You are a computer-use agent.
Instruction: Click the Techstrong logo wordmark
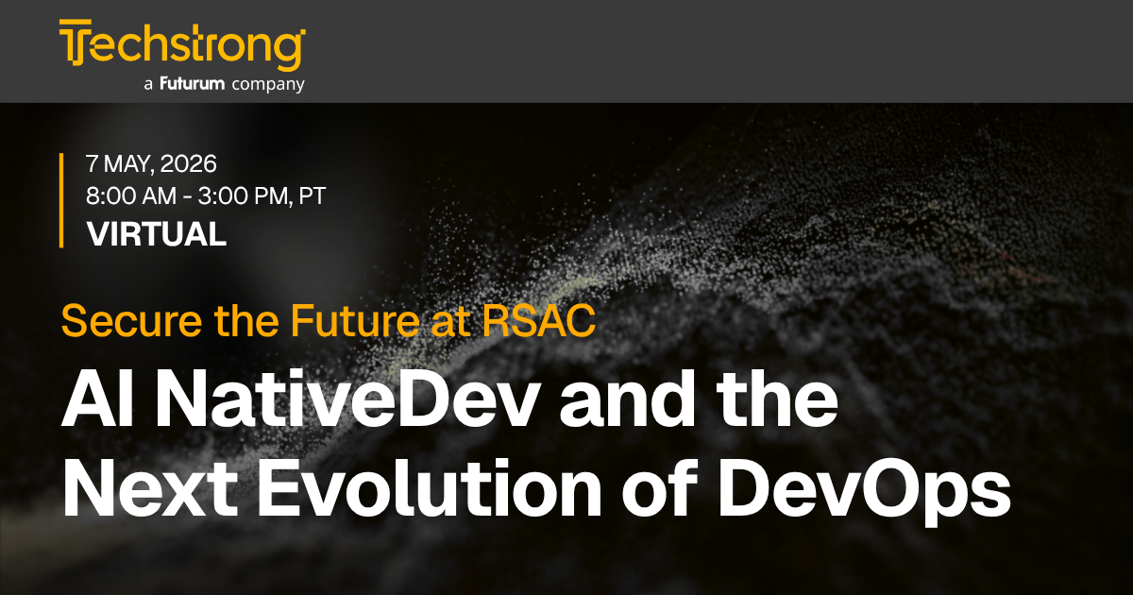pyautogui.click(x=182, y=44)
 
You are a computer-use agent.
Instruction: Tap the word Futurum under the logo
pyautogui.click(x=193, y=83)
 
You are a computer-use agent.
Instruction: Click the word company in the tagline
pyautogui.click(x=268, y=85)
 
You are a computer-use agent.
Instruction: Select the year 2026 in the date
pyautogui.click(x=188, y=164)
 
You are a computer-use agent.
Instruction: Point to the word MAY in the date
pyautogui.click(x=128, y=164)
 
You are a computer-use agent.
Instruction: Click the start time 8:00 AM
pyautogui.click(x=131, y=195)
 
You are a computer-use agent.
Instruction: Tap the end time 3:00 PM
pyautogui.click(x=245, y=195)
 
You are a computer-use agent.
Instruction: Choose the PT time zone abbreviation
pyautogui.click(x=313, y=195)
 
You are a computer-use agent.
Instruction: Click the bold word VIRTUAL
pyautogui.click(x=157, y=234)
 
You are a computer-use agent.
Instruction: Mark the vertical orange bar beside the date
pyautogui.click(x=61, y=200)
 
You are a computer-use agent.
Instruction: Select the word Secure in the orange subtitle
pyautogui.click(x=131, y=321)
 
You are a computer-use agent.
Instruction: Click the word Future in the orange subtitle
pyautogui.click(x=355, y=321)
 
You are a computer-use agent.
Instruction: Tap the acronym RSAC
pyautogui.click(x=539, y=321)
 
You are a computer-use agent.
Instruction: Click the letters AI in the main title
pyautogui.click(x=97, y=399)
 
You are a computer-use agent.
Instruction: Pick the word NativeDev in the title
pyautogui.click(x=347, y=399)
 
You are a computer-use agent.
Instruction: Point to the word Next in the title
pyautogui.click(x=150, y=487)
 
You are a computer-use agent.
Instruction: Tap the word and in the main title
pyautogui.click(x=627, y=398)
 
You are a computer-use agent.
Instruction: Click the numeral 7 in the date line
pyautogui.click(x=93, y=164)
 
